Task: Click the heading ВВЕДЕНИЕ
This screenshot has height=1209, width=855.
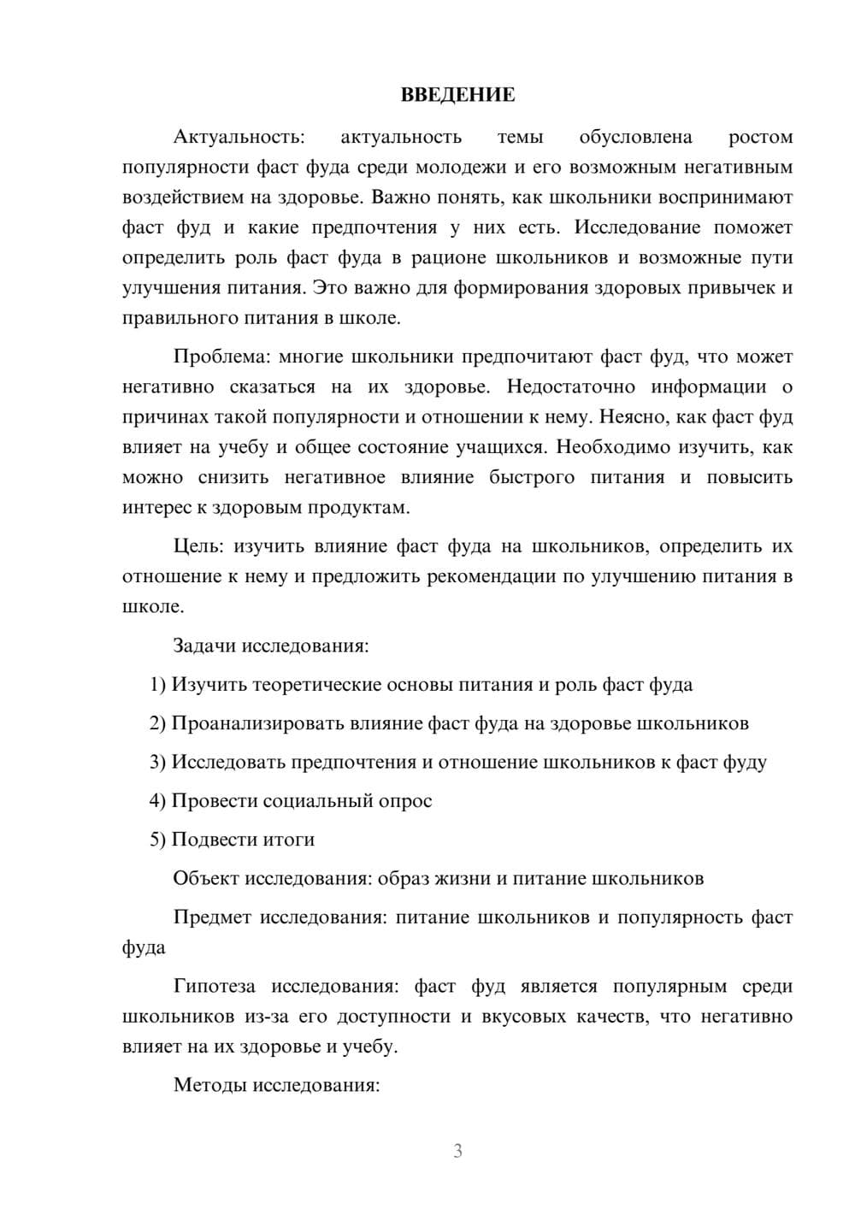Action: pyautogui.click(x=457, y=95)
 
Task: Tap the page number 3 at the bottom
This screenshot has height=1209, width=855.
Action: pyautogui.click(x=457, y=1151)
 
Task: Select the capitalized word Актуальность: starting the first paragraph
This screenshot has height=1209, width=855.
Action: pyautogui.click(x=239, y=137)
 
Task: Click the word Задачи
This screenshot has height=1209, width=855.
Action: pyautogui.click(x=204, y=646)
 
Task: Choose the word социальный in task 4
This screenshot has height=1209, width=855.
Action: pyautogui.click(x=315, y=801)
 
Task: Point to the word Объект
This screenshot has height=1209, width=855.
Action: pyautogui.click(x=206, y=879)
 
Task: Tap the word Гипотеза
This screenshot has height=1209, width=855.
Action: pyautogui.click(x=215, y=987)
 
